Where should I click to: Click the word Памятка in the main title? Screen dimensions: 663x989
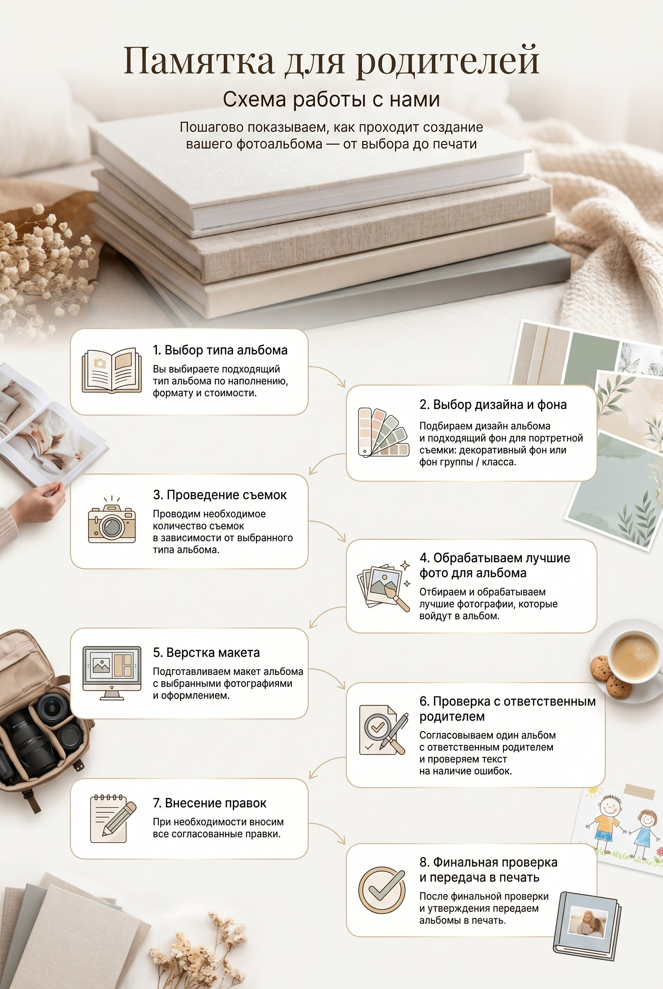pyautogui.click(x=199, y=61)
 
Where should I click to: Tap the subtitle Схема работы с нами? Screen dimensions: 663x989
pyautogui.click(x=331, y=99)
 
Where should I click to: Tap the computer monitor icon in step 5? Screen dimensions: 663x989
pyautogui.click(x=112, y=673)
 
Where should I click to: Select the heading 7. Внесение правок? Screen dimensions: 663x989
pyautogui.click(x=209, y=803)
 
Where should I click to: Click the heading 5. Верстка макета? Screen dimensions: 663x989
pyautogui.click(x=206, y=652)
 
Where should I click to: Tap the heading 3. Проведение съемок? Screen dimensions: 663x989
pyautogui.click(x=219, y=495)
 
